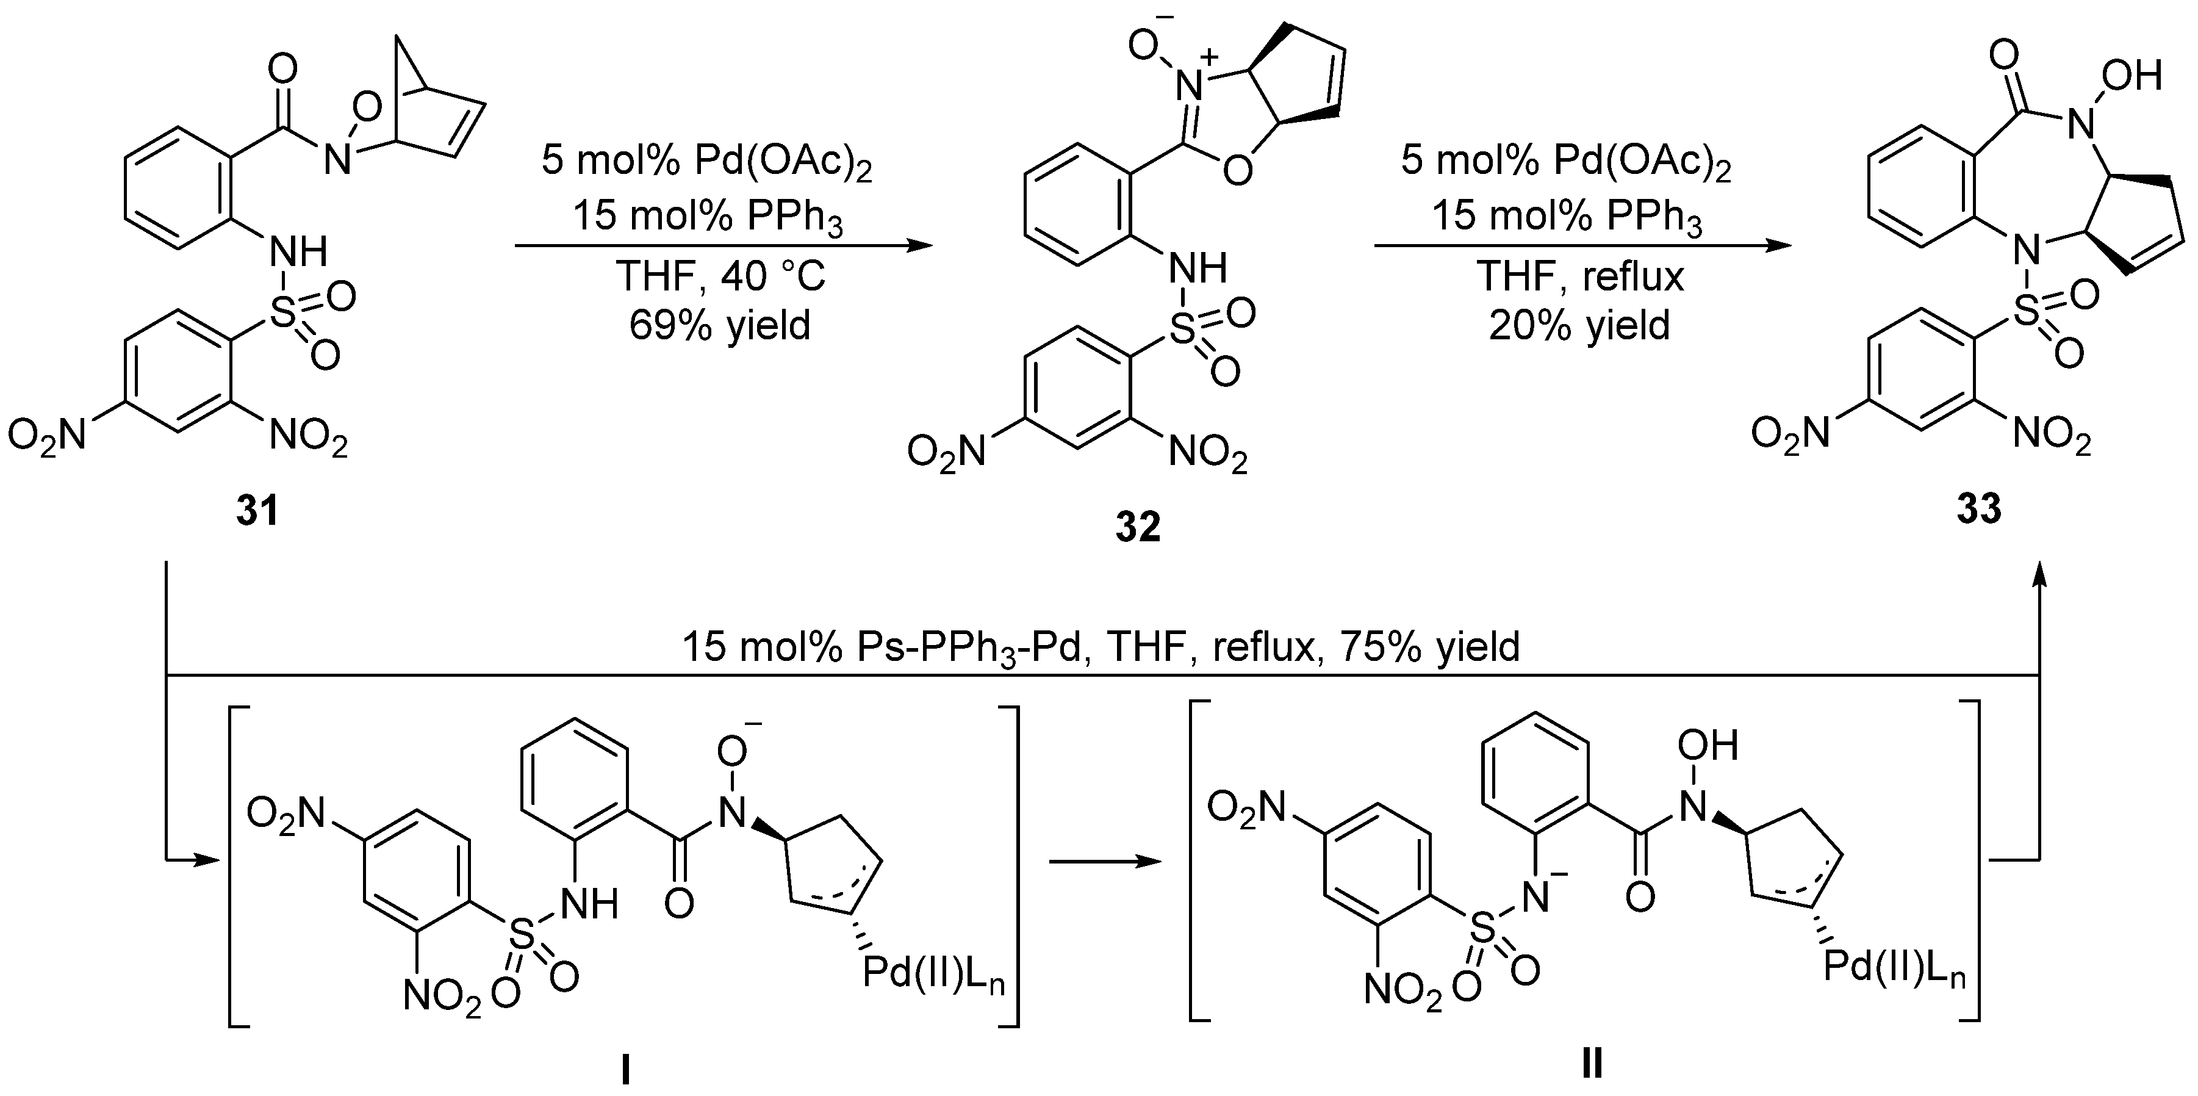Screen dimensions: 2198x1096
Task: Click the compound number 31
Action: click(x=257, y=510)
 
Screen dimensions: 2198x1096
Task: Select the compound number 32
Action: click(x=1138, y=527)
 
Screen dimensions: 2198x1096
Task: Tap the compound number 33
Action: click(x=1979, y=509)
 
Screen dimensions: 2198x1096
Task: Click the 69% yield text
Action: click(x=719, y=325)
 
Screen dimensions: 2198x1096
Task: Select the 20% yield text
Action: click(x=1579, y=325)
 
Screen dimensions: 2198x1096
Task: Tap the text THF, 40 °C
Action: click(x=719, y=276)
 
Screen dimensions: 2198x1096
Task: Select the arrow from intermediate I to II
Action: click(x=1105, y=862)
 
